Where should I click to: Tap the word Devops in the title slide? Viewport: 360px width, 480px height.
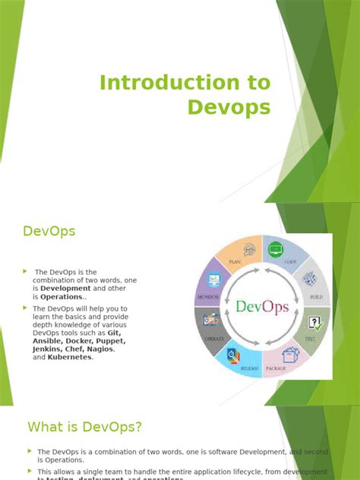point(229,107)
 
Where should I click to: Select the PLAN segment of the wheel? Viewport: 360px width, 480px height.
point(237,257)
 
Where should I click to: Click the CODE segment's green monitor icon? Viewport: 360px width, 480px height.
point(275,249)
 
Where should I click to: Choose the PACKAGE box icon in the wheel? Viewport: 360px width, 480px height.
point(289,354)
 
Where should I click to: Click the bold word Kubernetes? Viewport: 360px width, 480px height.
point(69,357)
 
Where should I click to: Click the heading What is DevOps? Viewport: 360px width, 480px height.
point(84,427)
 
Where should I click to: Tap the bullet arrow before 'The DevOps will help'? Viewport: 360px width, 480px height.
point(26,308)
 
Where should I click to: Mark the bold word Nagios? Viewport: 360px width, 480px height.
point(99,349)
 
